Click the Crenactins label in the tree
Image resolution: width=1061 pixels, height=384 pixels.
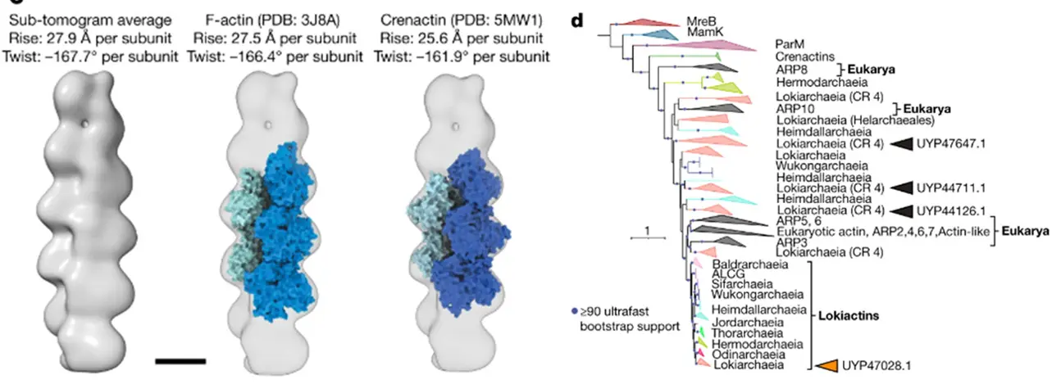(x=805, y=57)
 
